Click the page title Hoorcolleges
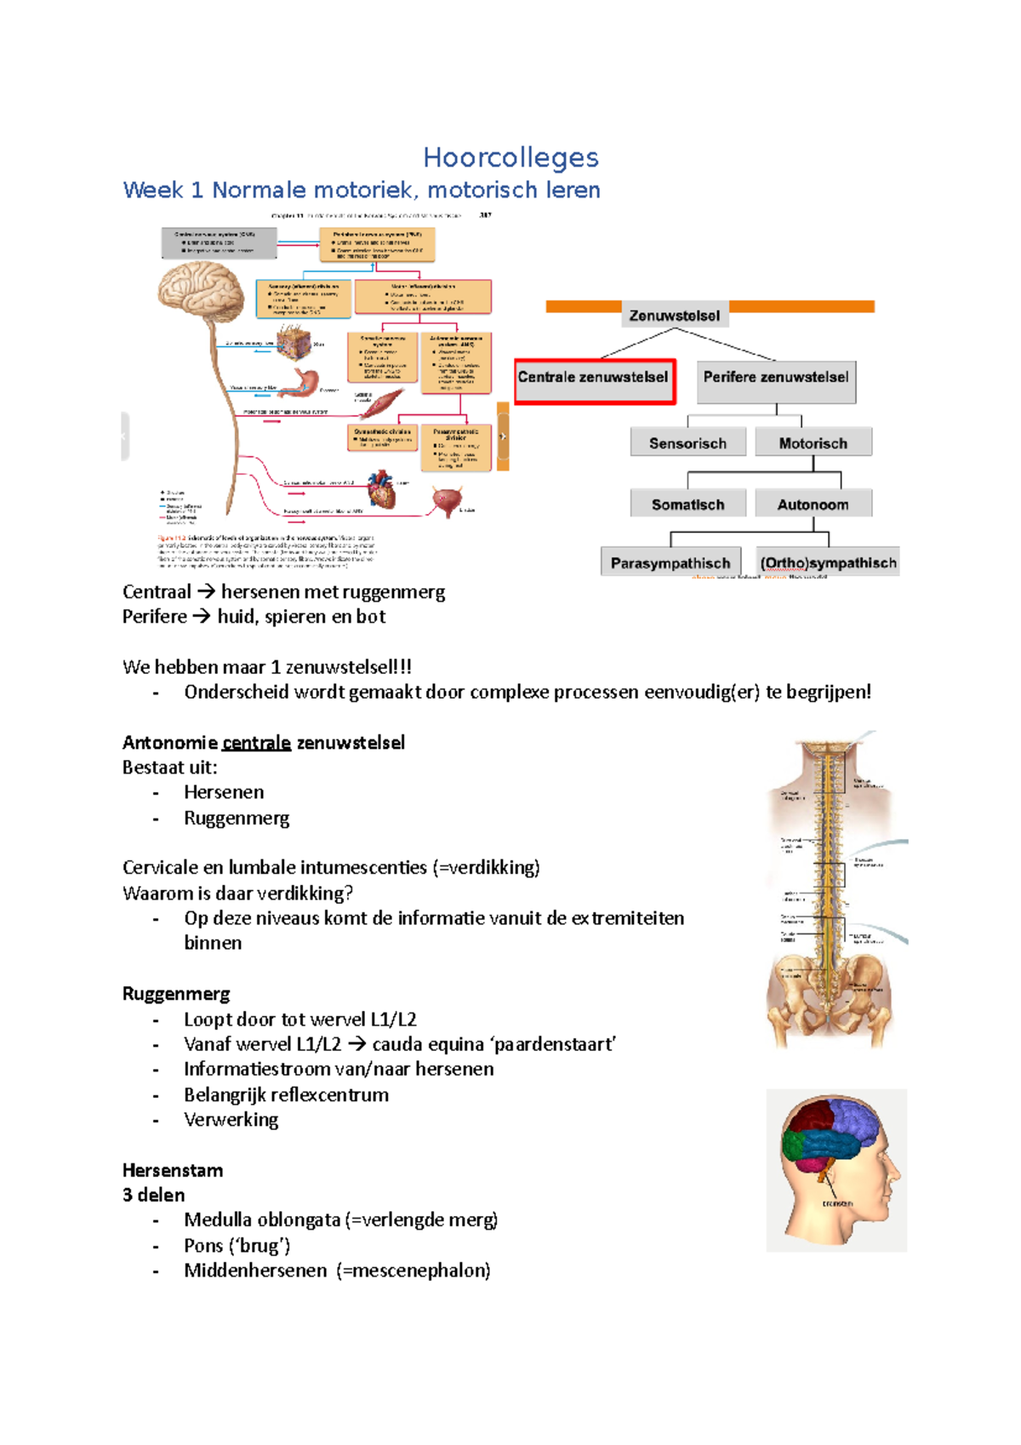tap(510, 157)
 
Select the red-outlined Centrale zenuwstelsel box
tap(594, 380)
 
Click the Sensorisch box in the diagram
tap(687, 443)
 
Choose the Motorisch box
tap(813, 443)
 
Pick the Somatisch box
tap(687, 504)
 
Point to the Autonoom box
tap(813, 504)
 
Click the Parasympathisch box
tap(670, 563)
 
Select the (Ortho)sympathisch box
tap(828, 563)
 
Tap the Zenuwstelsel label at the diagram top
tap(674, 316)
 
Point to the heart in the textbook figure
tap(382, 489)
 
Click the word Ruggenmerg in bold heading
tap(176, 994)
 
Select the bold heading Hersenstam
tap(173, 1170)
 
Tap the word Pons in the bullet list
tap(203, 1246)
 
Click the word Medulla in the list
tap(219, 1220)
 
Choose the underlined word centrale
tap(256, 743)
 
